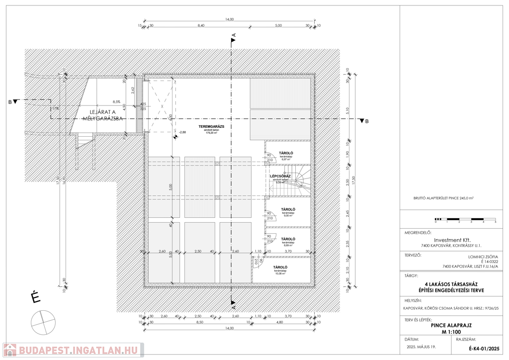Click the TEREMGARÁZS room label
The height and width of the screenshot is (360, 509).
pyautogui.click(x=213, y=127)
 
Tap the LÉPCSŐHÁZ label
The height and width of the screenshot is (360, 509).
pyautogui.click(x=280, y=176)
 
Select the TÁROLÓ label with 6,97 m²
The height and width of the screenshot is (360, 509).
pyautogui.click(x=286, y=153)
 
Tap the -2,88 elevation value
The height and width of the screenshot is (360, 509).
pyautogui.click(x=182, y=132)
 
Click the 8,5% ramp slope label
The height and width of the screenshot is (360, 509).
pyautogui.click(x=117, y=101)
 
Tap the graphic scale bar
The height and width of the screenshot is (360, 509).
pyautogui.click(x=465, y=219)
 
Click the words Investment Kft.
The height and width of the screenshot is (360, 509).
pyautogui.click(x=452, y=240)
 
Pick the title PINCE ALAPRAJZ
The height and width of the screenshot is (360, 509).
pyautogui.click(x=451, y=325)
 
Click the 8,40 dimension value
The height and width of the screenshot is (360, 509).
pyautogui.click(x=201, y=25)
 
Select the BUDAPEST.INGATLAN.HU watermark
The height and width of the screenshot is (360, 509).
pyautogui.click(x=73, y=350)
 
